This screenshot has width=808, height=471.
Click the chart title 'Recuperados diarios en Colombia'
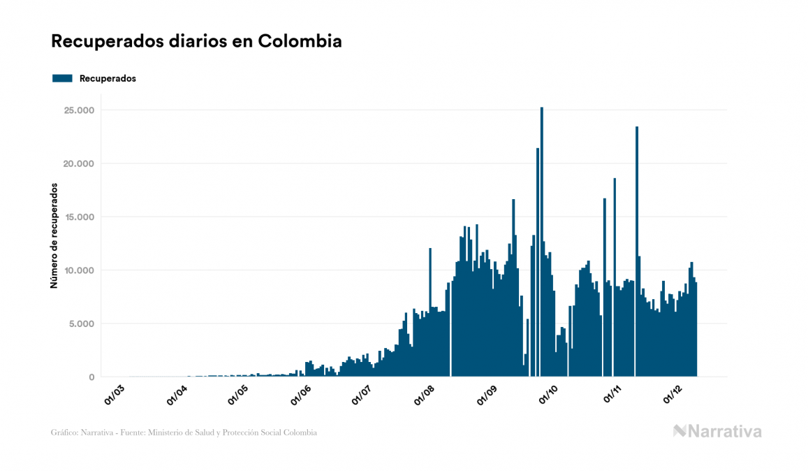[x=196, y=41]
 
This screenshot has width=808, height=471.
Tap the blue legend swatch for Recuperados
[x=62, y=78]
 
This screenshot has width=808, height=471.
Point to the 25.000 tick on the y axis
[x=79, y=110]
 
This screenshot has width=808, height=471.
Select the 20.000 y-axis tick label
[x=79, y=164]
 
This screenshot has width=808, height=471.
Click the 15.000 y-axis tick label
[x=79, y=217]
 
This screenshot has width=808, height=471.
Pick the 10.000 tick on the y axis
[x=79, y=270]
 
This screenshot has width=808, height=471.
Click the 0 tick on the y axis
[x=91, y=377]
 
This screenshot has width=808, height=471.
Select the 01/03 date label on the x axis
[x=115, y=394]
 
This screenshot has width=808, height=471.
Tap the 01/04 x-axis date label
[x=177, y=394]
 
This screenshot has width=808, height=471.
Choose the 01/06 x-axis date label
[x=300, y=394]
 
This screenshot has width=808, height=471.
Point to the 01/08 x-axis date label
[x=424, y=394]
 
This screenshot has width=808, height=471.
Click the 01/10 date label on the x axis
[x=548, y=394]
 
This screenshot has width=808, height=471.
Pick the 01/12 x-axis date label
[x=672, y=394]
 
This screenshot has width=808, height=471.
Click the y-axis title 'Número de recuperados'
[x=54, y=236]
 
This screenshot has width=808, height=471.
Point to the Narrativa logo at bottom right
[x=717, y=431]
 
